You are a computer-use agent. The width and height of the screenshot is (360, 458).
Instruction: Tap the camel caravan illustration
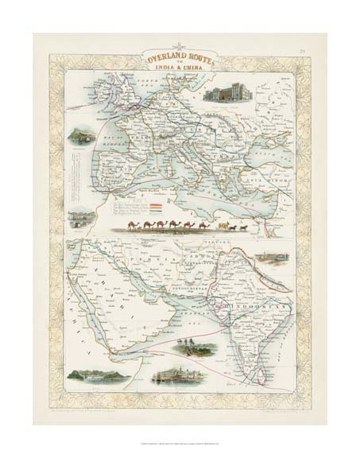click(x=180, y=227)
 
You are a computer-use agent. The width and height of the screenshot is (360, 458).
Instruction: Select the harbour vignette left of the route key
click(x=80, y=216)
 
